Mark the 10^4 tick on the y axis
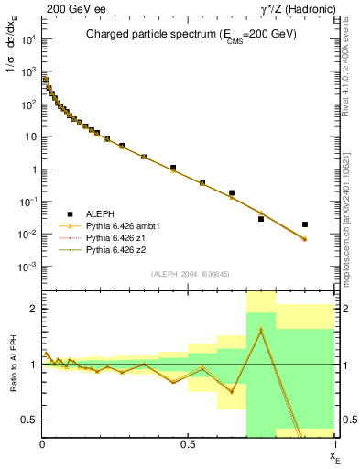[30, 39]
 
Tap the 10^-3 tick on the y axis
[29, 267]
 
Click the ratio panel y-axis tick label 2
[32, 309]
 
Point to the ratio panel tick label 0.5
[27, 420]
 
